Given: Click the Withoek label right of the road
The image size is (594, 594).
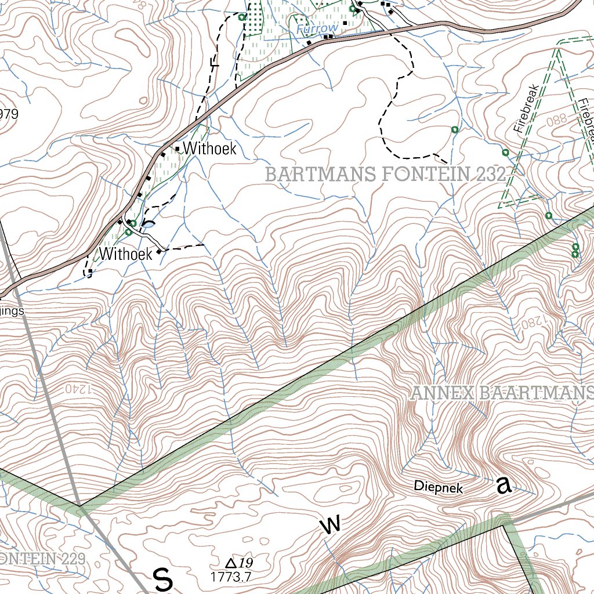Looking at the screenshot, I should point(209,148).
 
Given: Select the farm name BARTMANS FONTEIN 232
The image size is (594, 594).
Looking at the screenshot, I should point(386,174).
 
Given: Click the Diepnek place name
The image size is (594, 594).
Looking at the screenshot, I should point(439,487).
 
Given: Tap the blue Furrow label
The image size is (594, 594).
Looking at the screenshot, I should point(316,28).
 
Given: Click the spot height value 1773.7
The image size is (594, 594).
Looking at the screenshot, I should point(230,577).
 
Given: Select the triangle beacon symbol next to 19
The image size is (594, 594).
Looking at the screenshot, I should point(230,563).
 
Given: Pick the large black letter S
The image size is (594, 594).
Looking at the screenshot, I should point(163,579).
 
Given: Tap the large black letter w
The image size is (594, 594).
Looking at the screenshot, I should point(330,525).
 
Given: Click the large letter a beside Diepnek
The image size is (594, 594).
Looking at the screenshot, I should point(504,486).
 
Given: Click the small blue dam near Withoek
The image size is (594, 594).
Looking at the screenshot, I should point(149,224).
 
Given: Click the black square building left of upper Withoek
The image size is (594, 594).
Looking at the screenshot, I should point(177,148).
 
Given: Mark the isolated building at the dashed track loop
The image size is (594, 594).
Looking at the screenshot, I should point(90,271).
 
